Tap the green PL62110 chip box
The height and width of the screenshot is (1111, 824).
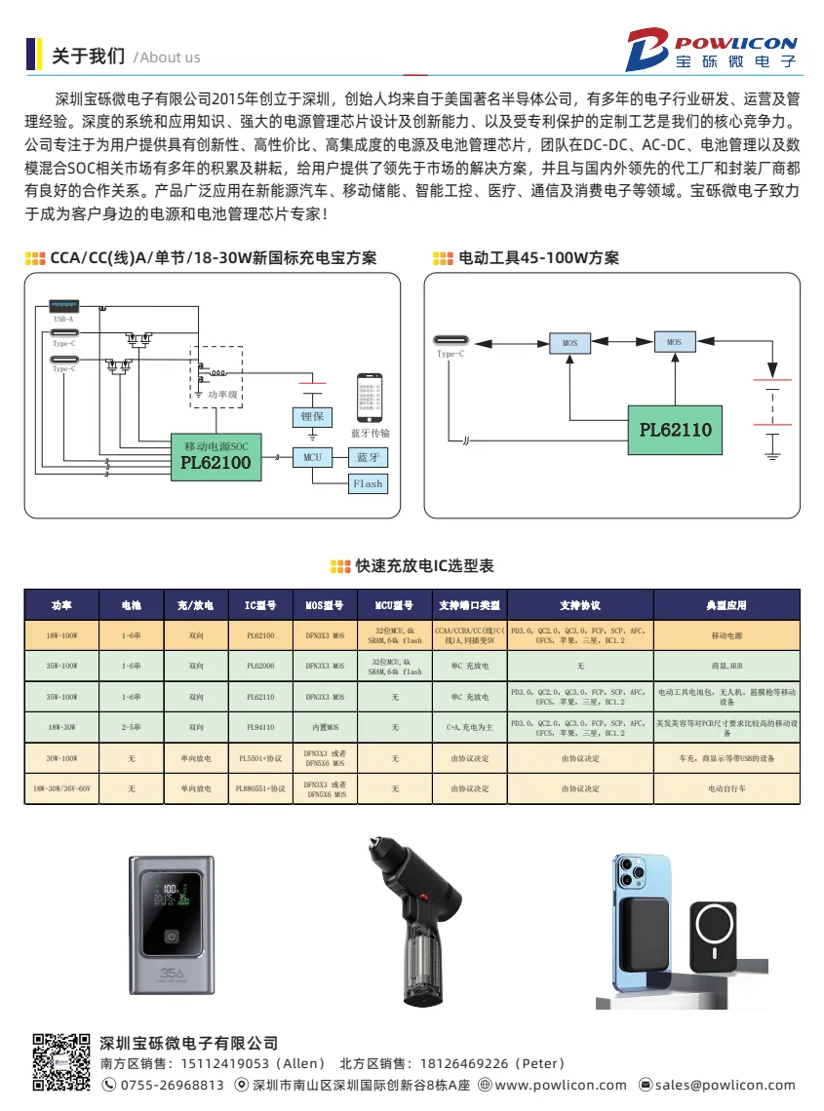click(676, 429)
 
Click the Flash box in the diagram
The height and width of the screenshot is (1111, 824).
click(368, 483)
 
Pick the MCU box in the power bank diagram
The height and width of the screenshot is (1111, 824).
click(312, 456)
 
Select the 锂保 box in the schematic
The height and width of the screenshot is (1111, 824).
click(312, 416)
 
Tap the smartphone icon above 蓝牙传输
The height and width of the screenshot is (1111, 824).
click(370, 397)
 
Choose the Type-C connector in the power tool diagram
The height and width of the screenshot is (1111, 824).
click(451, 342)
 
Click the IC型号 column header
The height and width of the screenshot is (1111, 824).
click(260, 605)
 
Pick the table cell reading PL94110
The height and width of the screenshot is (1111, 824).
click(260, 727)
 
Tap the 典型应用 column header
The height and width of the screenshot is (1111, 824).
click(726, 605)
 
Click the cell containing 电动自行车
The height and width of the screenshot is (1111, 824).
click(726, 788)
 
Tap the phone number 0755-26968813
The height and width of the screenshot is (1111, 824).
click(171, 1085)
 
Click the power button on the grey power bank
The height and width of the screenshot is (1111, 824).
click(171, 936)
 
